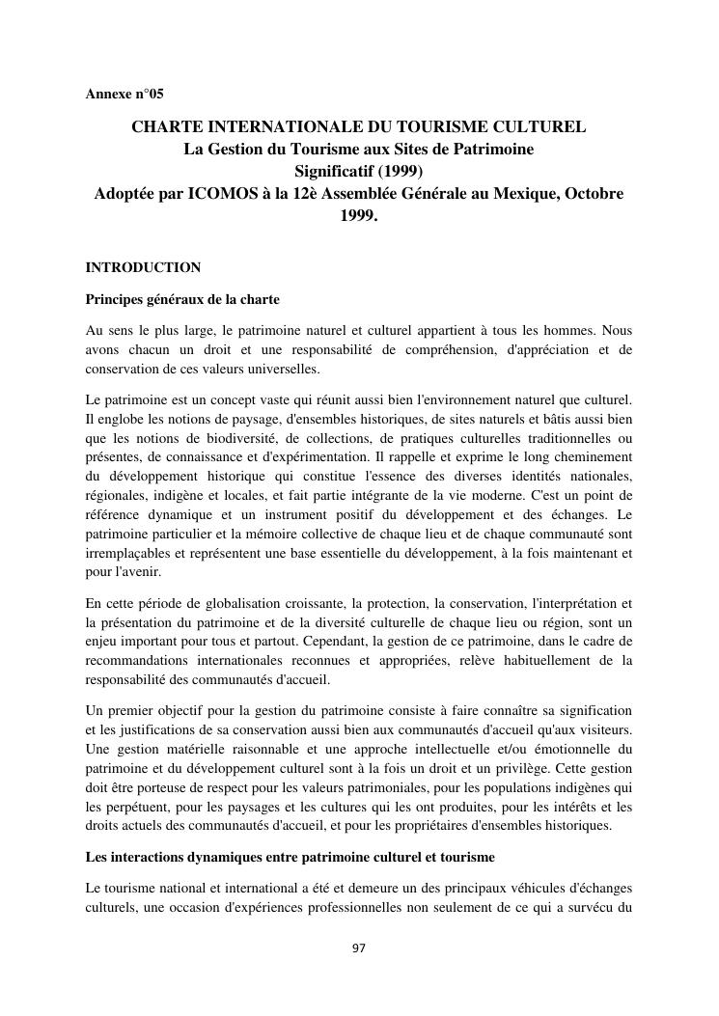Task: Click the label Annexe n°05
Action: tap(124, 95)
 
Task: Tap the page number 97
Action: tap(359, 948)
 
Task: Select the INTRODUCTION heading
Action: tap(143, 267)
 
